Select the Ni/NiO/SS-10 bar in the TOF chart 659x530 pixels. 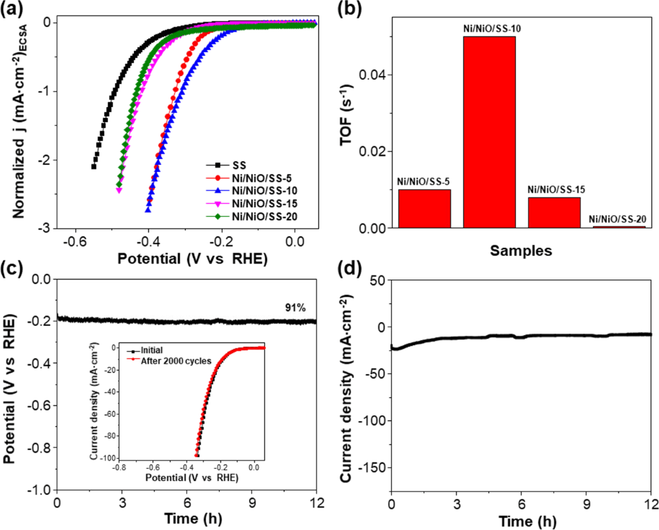(x=489, y=132)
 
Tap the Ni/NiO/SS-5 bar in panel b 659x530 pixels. (x=424, y=209)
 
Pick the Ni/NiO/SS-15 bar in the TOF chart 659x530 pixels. (x=554, y=213)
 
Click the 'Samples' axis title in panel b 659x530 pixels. (x=521, y=251)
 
